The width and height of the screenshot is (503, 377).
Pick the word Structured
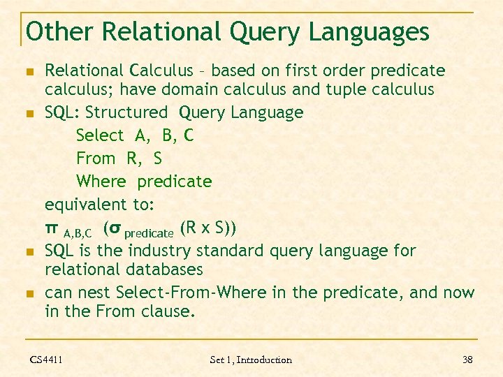point(126,112)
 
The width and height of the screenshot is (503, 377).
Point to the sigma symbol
point(116,228)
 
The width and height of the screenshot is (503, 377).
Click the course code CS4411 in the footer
point(46,360)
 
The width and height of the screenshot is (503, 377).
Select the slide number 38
point(467,360)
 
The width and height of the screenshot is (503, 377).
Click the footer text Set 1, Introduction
point(251,360)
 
